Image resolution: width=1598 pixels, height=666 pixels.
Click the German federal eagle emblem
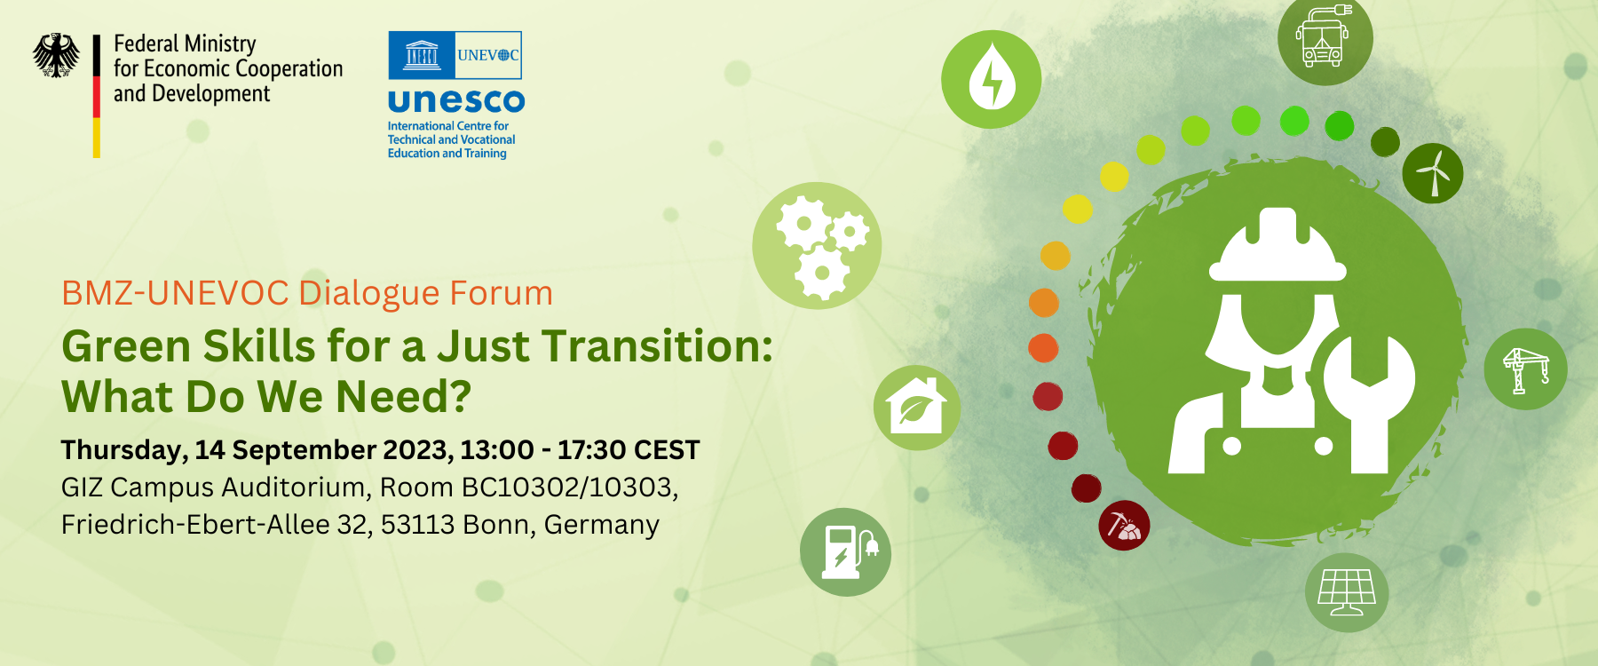56,55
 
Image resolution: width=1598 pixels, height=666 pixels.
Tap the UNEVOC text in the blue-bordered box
488,55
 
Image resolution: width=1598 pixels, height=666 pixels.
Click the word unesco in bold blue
456,100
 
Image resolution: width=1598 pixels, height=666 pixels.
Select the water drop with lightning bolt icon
992,79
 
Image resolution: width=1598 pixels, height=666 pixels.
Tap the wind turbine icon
1433,172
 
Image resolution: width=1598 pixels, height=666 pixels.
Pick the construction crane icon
1525,369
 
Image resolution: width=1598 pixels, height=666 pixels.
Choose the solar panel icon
1347,591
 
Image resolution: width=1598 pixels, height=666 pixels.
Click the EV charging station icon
845,552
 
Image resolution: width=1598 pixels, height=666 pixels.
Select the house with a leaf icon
917,408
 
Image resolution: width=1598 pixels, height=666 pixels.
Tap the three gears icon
817,246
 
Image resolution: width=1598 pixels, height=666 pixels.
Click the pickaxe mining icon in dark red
1124,525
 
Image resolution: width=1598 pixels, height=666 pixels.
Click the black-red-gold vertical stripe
97,96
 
